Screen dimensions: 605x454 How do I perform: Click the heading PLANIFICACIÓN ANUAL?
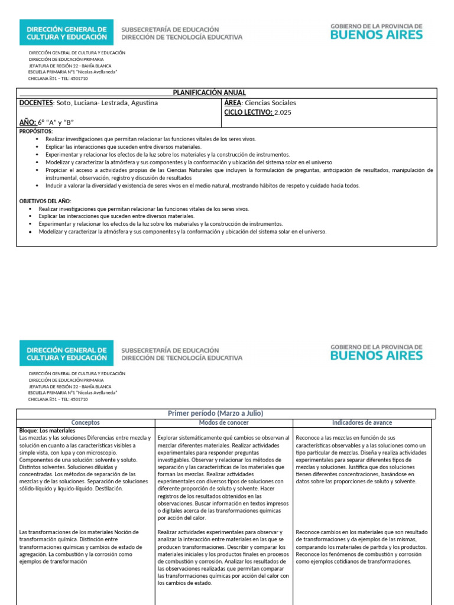[209, 93]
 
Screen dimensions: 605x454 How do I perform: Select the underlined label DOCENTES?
[36, 103]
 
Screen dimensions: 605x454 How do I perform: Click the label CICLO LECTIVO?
[248, 112]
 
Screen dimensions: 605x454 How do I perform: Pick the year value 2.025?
[283, 112]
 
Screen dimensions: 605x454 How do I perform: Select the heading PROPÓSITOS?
[35, 131]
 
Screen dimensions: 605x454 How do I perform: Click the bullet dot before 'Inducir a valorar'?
[37, 186]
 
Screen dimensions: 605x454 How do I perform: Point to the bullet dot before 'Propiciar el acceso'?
[37, 170]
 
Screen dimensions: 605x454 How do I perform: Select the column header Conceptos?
[85, 423]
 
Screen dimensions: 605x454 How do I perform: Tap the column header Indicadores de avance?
[362, 423]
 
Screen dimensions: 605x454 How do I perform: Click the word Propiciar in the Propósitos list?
[57, 170]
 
